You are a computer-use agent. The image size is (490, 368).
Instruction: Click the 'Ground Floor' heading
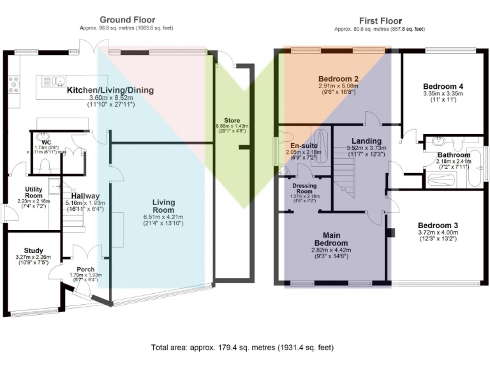(127, 20)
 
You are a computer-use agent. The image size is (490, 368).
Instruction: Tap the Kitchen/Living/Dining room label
(110, 90)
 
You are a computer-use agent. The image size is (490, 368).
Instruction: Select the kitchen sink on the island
(54, 80)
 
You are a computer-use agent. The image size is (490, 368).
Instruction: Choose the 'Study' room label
(33, 250)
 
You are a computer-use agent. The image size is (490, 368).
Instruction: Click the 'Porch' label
(85, 269)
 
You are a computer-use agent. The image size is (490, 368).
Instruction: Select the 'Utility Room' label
(33, 192)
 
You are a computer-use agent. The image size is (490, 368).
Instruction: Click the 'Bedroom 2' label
(338, 79)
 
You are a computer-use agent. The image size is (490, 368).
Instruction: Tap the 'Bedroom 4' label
(442, 86)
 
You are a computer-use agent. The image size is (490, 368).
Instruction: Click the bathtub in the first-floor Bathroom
(475, 167)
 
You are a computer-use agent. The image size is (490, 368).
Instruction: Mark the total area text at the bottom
(242, 348)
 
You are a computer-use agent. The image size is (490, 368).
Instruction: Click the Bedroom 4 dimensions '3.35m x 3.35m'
(442, 93)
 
